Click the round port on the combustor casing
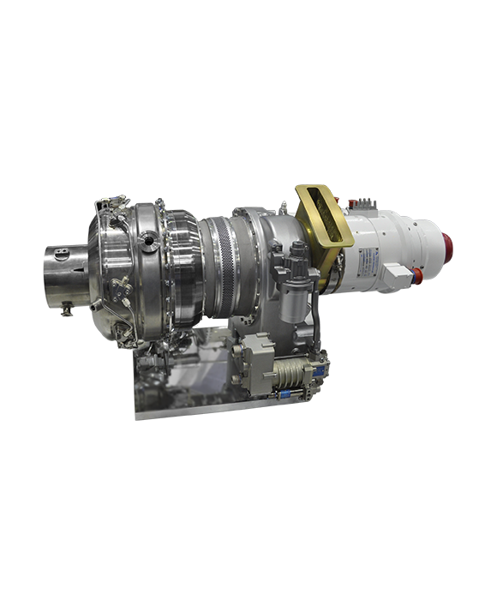(148, 242)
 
